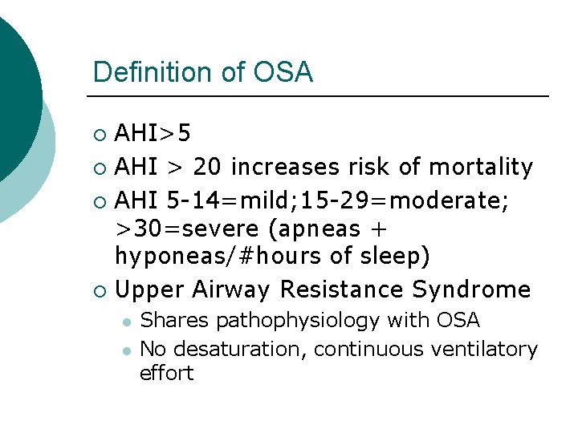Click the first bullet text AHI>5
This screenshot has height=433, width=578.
[153, 132]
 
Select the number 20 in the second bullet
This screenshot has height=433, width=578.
[209, 167]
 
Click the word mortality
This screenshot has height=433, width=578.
[481, 167]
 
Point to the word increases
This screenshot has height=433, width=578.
[285, 167]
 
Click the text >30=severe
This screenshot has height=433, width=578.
[187, 229]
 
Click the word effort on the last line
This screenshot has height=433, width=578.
[166, 373]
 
